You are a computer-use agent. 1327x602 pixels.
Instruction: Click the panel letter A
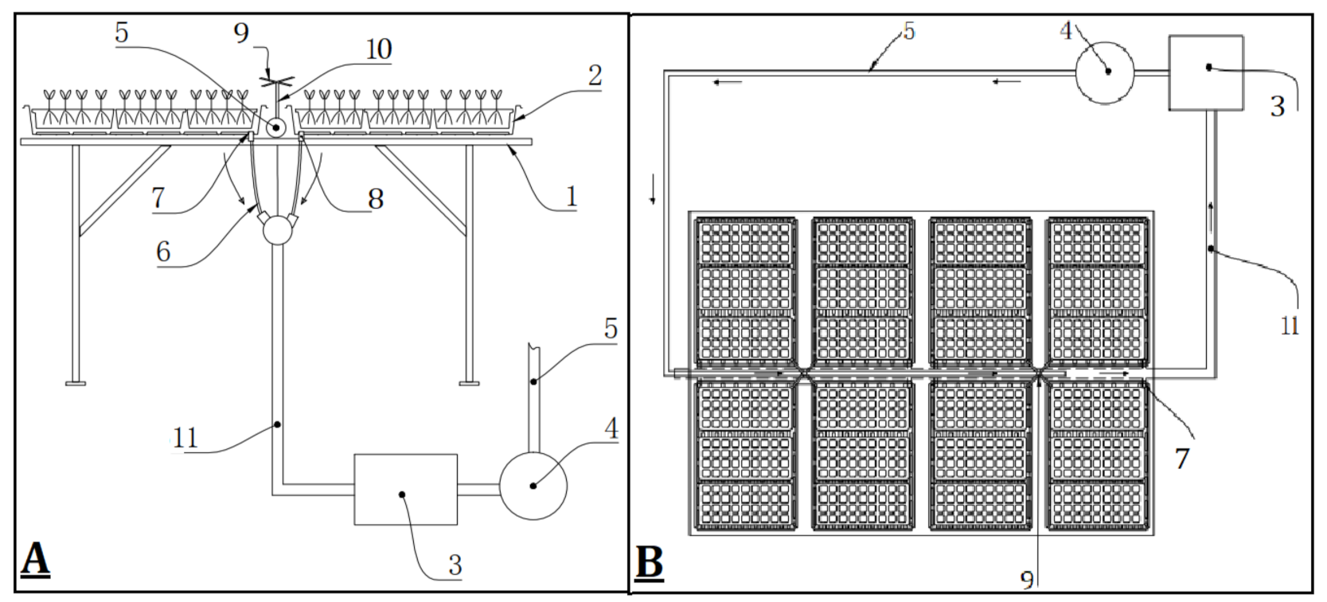[x=35, y=560]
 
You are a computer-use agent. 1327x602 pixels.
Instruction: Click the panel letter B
[x=650, y=563]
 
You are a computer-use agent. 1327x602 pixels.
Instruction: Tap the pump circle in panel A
[x=533, y=485]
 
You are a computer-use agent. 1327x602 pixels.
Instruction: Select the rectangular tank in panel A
[x=405, y=489]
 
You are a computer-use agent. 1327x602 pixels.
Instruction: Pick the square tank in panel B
[x=1205, y=72]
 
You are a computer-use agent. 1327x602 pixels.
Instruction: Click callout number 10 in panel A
[x=378, y=49]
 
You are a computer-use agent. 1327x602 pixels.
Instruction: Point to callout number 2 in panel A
[x=595, y=76]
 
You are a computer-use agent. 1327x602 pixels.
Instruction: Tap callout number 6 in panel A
[x=163, y=252]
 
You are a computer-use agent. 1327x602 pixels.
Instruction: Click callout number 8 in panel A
[x=376, y=198]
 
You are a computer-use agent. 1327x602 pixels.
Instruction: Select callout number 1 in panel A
[x=571, y=196]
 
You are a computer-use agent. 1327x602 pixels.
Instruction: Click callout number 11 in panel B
[x=1290, y=325]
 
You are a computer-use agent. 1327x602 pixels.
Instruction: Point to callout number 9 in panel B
[x=1027, y=580]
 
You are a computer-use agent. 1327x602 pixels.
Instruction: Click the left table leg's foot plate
[x=76, y=383]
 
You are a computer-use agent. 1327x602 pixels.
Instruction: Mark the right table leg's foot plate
[x=469, y=383]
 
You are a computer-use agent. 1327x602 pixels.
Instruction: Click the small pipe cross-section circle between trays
[x=276, y=127]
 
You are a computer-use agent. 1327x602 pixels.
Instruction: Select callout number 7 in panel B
[x=1182, y=459]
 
